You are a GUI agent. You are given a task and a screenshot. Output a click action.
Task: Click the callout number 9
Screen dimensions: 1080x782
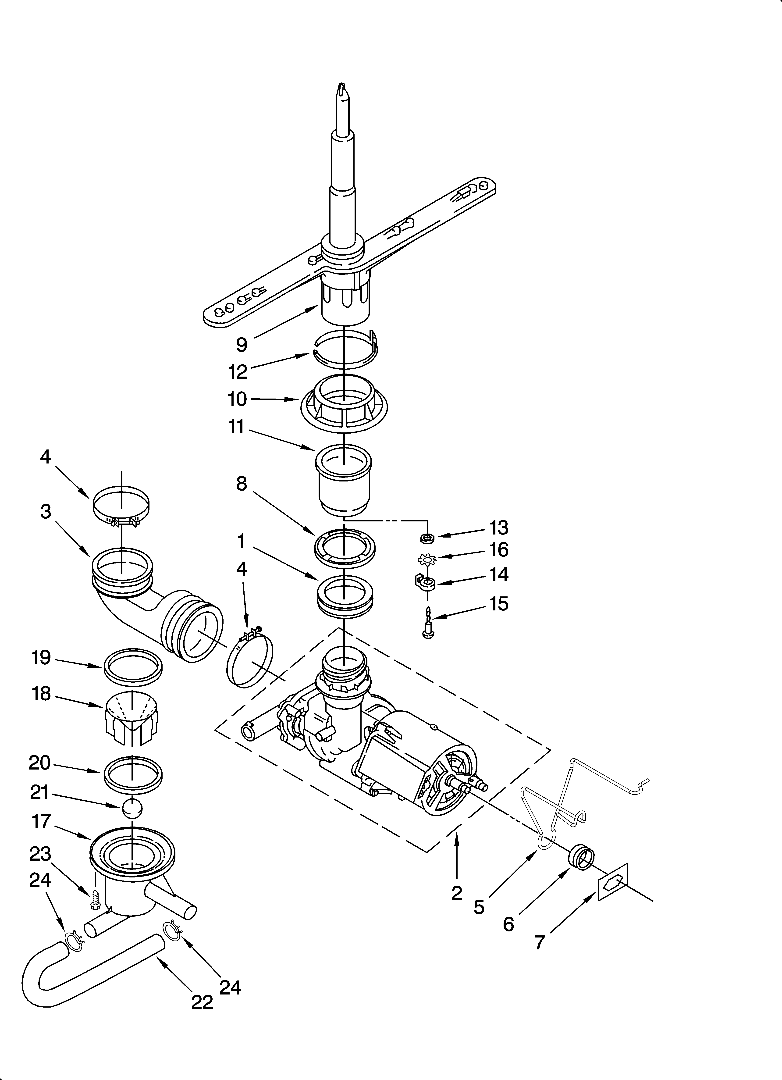[x=242, y=344]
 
